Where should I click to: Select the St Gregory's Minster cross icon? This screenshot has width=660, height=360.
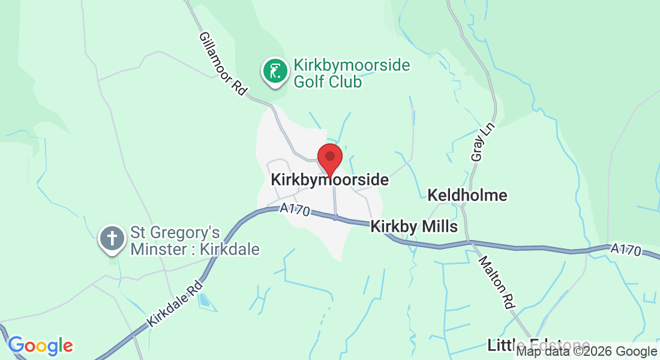click(x=112, y=238)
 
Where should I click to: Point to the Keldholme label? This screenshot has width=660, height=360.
click(x=467, y=195)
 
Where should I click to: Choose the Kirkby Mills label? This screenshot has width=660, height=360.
click(x=414, y=227)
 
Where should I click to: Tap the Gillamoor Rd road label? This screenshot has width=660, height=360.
click(x=223, y=64)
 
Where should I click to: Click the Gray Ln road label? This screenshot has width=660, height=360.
click(x=478, y=147)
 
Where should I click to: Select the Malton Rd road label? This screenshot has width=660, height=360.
click(x=497, y=283)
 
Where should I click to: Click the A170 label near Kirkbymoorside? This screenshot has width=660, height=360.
click(x=295, y=211)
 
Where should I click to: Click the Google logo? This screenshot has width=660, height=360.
click(x=40, y=346)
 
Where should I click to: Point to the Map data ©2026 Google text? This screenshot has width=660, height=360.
click(x=587, y=352)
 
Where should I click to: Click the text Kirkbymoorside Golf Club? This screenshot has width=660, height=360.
click(x=351, y=73)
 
